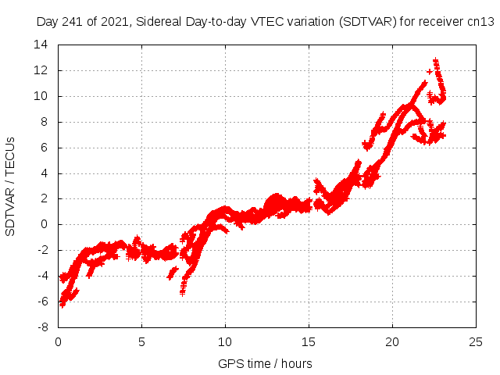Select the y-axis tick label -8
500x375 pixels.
pos(43,327)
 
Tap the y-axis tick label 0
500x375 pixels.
pos(45,224)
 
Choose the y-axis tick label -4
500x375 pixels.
pos(43,276)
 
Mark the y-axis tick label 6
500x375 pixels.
pos(45,148)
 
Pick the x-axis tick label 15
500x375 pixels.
pos(309,341)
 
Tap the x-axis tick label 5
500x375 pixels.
pos(141,341)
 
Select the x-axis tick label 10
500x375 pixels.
pos(225,341)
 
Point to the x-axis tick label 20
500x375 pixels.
pos(392,341)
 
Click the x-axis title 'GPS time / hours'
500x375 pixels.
pos(266,363)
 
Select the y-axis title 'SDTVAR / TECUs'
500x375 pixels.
pos(10,186)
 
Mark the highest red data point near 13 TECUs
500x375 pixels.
pos(435,60)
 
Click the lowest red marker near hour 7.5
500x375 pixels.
pos(182,292)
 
